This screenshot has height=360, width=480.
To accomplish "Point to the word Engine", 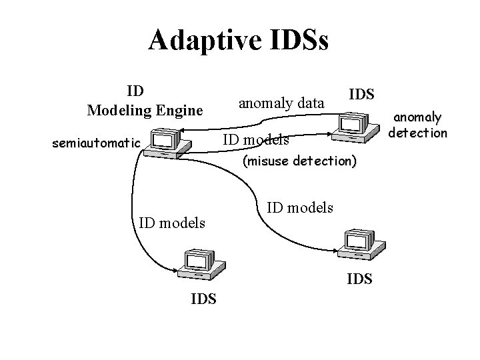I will coord(181,109).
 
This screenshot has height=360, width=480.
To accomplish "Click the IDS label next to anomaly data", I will coord(361,94).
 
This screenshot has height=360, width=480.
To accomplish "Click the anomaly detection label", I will coord(419,125).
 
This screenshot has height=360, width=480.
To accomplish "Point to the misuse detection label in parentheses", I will coord(300,161).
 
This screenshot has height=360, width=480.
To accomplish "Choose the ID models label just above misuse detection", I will coord(255,140).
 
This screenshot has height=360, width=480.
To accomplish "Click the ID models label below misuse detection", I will coord(300,208).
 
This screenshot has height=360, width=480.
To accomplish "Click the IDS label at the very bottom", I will coord(203,299).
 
